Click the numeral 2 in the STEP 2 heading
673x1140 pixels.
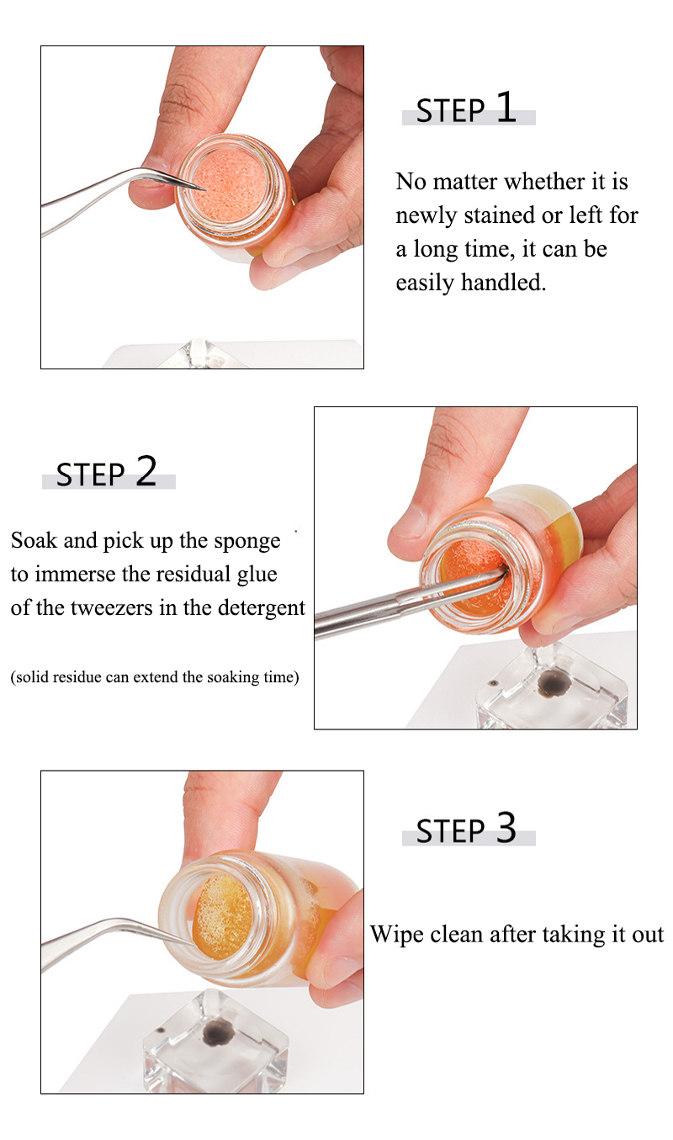146,471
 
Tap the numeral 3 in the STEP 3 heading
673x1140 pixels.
506,828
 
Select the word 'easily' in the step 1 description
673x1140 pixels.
425,283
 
